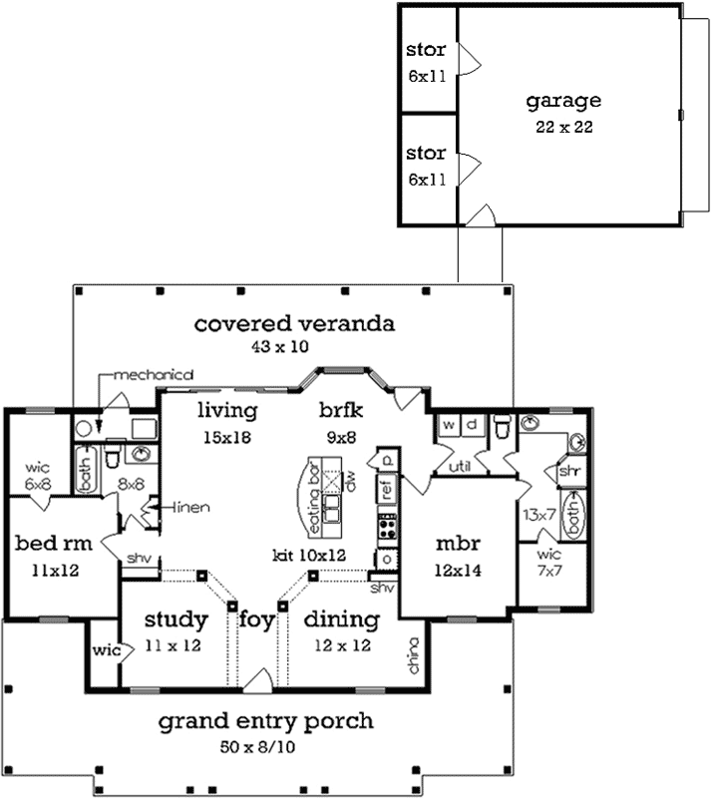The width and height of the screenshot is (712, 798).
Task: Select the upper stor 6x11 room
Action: pyautogui.click(x=426, y=61)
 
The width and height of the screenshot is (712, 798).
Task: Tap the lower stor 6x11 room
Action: pyautogui.click(x=426, y=166)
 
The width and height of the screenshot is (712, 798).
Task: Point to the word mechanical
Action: pyautogui.click(x=153, y=375)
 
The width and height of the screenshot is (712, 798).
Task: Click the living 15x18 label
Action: pyautogui.click(x=226, y=421)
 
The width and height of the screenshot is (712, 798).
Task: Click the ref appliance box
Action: pyautogui.click(x=385, y=490)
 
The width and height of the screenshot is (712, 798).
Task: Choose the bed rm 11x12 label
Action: pyautogui.click(x=47, y=557)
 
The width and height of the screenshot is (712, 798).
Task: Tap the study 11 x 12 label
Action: pyautogui.click(x=175, y=631)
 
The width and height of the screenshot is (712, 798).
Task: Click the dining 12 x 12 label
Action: pyautogui.click(x=341, y=631)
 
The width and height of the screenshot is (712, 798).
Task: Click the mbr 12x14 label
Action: pyautogui.click(x=460, y=557)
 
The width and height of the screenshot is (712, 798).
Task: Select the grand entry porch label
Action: pyautogui.click(x=266, y=729)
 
